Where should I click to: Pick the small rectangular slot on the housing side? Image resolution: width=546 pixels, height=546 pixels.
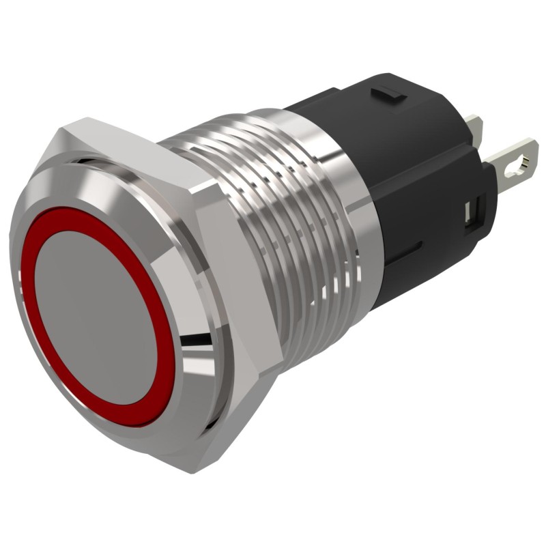[x=470, y=212]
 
